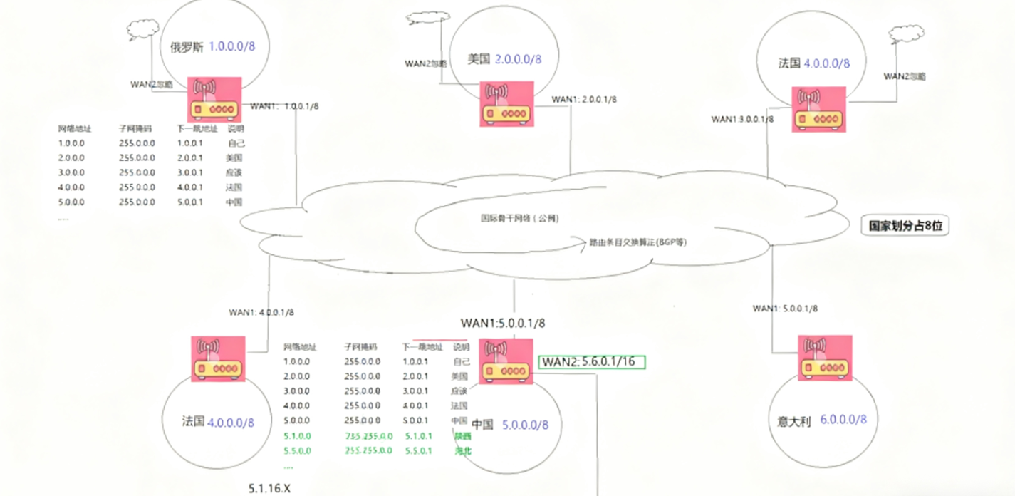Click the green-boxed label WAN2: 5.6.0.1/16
point(591,362)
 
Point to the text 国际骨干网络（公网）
point(519,219)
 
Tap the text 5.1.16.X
point(270,488)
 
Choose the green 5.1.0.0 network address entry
point(297,435)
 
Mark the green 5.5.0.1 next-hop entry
point(415,450)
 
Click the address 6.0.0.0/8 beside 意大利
point(844,420)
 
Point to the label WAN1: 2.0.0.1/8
point(584,100)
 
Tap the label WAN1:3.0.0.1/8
point(742,119)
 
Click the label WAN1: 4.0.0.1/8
point(261,312)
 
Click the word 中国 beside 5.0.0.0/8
point(482,425)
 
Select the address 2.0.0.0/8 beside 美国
point(519,59)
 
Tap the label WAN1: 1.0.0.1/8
point(285,107)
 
